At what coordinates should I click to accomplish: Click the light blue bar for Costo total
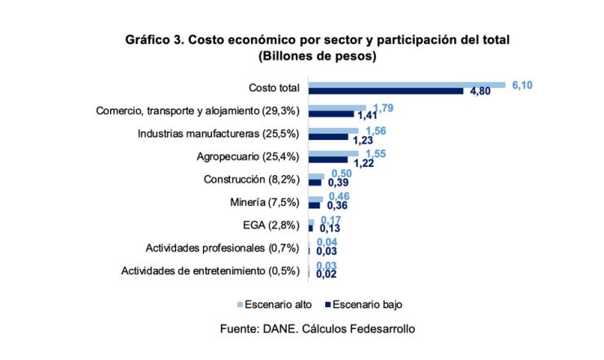point(407,84)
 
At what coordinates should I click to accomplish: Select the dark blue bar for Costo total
point(386,91)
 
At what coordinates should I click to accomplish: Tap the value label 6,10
point(522,85)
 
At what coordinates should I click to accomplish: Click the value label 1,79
point(384,108)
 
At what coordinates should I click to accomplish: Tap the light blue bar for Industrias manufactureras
point(333,130)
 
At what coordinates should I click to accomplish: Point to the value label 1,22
point(364,163)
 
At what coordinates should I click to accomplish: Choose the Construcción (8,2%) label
point(251,179)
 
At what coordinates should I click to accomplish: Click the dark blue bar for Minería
point(314,205)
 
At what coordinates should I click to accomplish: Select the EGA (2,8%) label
point(273,225)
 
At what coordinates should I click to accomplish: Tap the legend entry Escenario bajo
point(364,305)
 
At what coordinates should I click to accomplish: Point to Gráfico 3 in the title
point(153,39)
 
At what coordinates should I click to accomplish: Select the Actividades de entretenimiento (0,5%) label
point(210,270)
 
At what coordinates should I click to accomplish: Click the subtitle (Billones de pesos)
point(316,56)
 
